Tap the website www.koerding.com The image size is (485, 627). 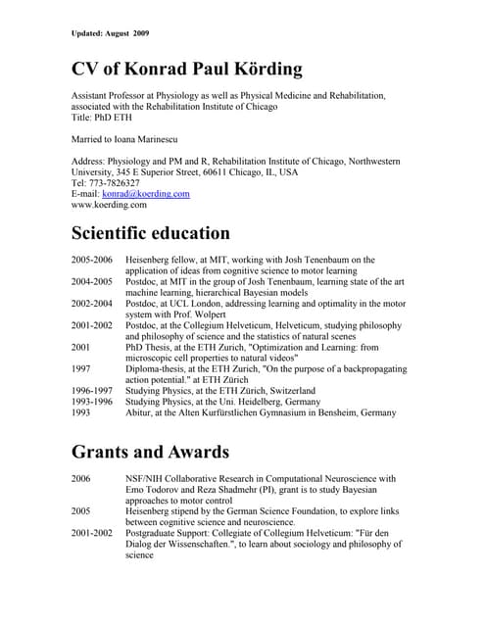click(109, 206)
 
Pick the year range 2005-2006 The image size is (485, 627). click(93, 260)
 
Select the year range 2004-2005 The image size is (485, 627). click(93, 281)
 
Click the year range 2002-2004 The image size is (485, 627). click(93, 304)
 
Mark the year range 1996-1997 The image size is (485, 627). click(93, 391)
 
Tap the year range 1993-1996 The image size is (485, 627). click(93, 402)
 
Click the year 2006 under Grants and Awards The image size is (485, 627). click(83, 479)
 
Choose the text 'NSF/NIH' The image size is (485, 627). click(148, 479)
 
